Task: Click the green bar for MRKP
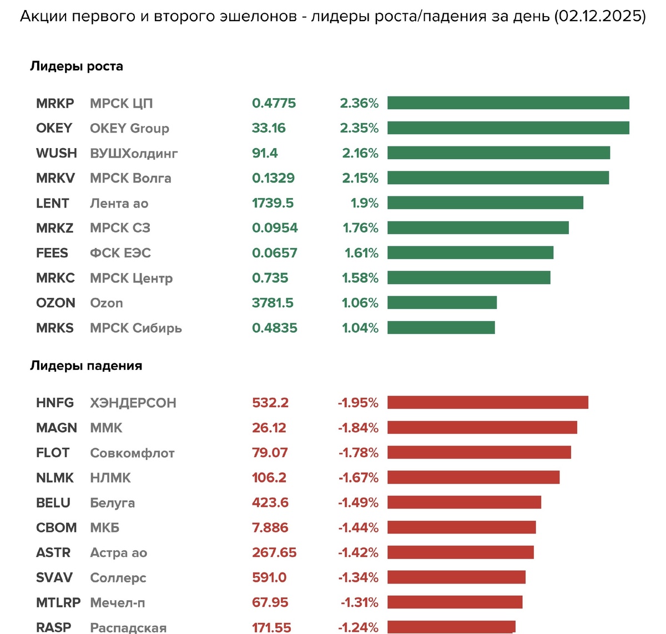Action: point(508,103)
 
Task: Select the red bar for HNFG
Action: point(488,403)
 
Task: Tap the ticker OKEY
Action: point(54,128)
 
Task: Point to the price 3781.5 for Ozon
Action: point(273,303)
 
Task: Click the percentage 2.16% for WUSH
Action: point(360,153)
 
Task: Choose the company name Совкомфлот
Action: point(132,453)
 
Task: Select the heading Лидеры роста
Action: point(77,67)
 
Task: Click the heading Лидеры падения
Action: point(86,366)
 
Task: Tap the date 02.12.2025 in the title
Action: point(600,16)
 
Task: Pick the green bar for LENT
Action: point(485,203)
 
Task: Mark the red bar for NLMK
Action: point(473,478)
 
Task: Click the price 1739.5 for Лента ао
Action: point(273,203)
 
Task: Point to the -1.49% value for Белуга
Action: point(358,503)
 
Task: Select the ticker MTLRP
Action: point(58,602)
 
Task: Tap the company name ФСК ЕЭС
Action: point(120,253)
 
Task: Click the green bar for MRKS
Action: point(441,328)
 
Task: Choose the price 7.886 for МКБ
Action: point(270,528)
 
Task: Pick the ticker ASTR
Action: point(53,552)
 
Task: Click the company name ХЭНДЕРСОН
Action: point(133,403)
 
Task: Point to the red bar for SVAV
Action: point(456,577)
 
